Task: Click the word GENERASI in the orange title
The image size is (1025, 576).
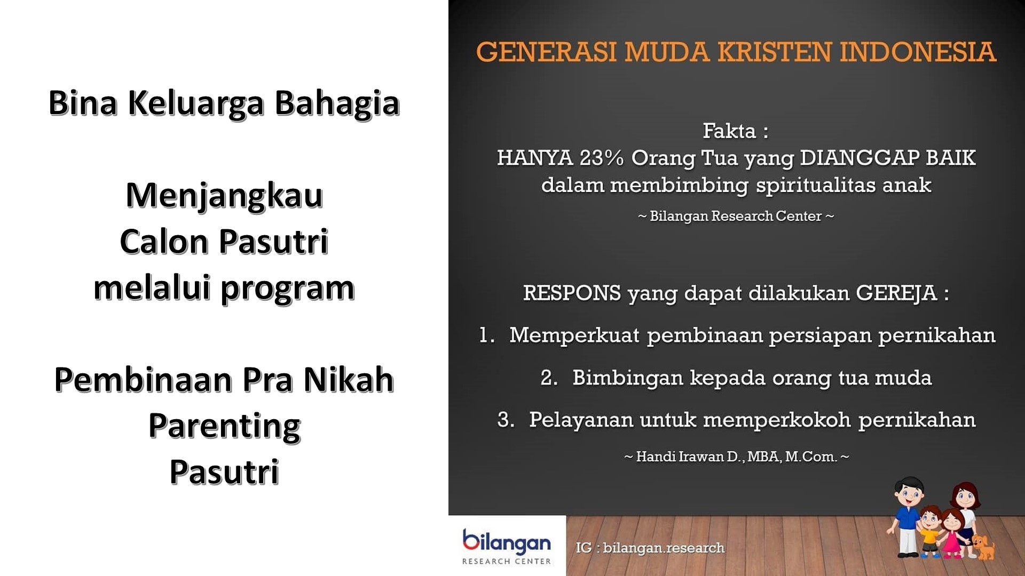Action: click(x=546, y=52)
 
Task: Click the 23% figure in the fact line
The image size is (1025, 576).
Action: click(x=601, y=158)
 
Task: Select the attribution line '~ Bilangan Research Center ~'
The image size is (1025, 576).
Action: click(x=736, y=216)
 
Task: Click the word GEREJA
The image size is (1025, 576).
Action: click(x=896, y=293)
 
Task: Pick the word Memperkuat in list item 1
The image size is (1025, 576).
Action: click(x=574, y=335)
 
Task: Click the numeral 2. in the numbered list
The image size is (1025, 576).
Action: click(x=549, y=378)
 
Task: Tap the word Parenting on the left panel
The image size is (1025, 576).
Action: click(x=224, y=427)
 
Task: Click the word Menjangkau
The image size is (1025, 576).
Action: click(x=224, y=196)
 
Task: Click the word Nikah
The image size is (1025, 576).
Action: click(x=349, y=380)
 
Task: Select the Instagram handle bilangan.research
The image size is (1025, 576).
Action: click(x=664, y=548)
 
